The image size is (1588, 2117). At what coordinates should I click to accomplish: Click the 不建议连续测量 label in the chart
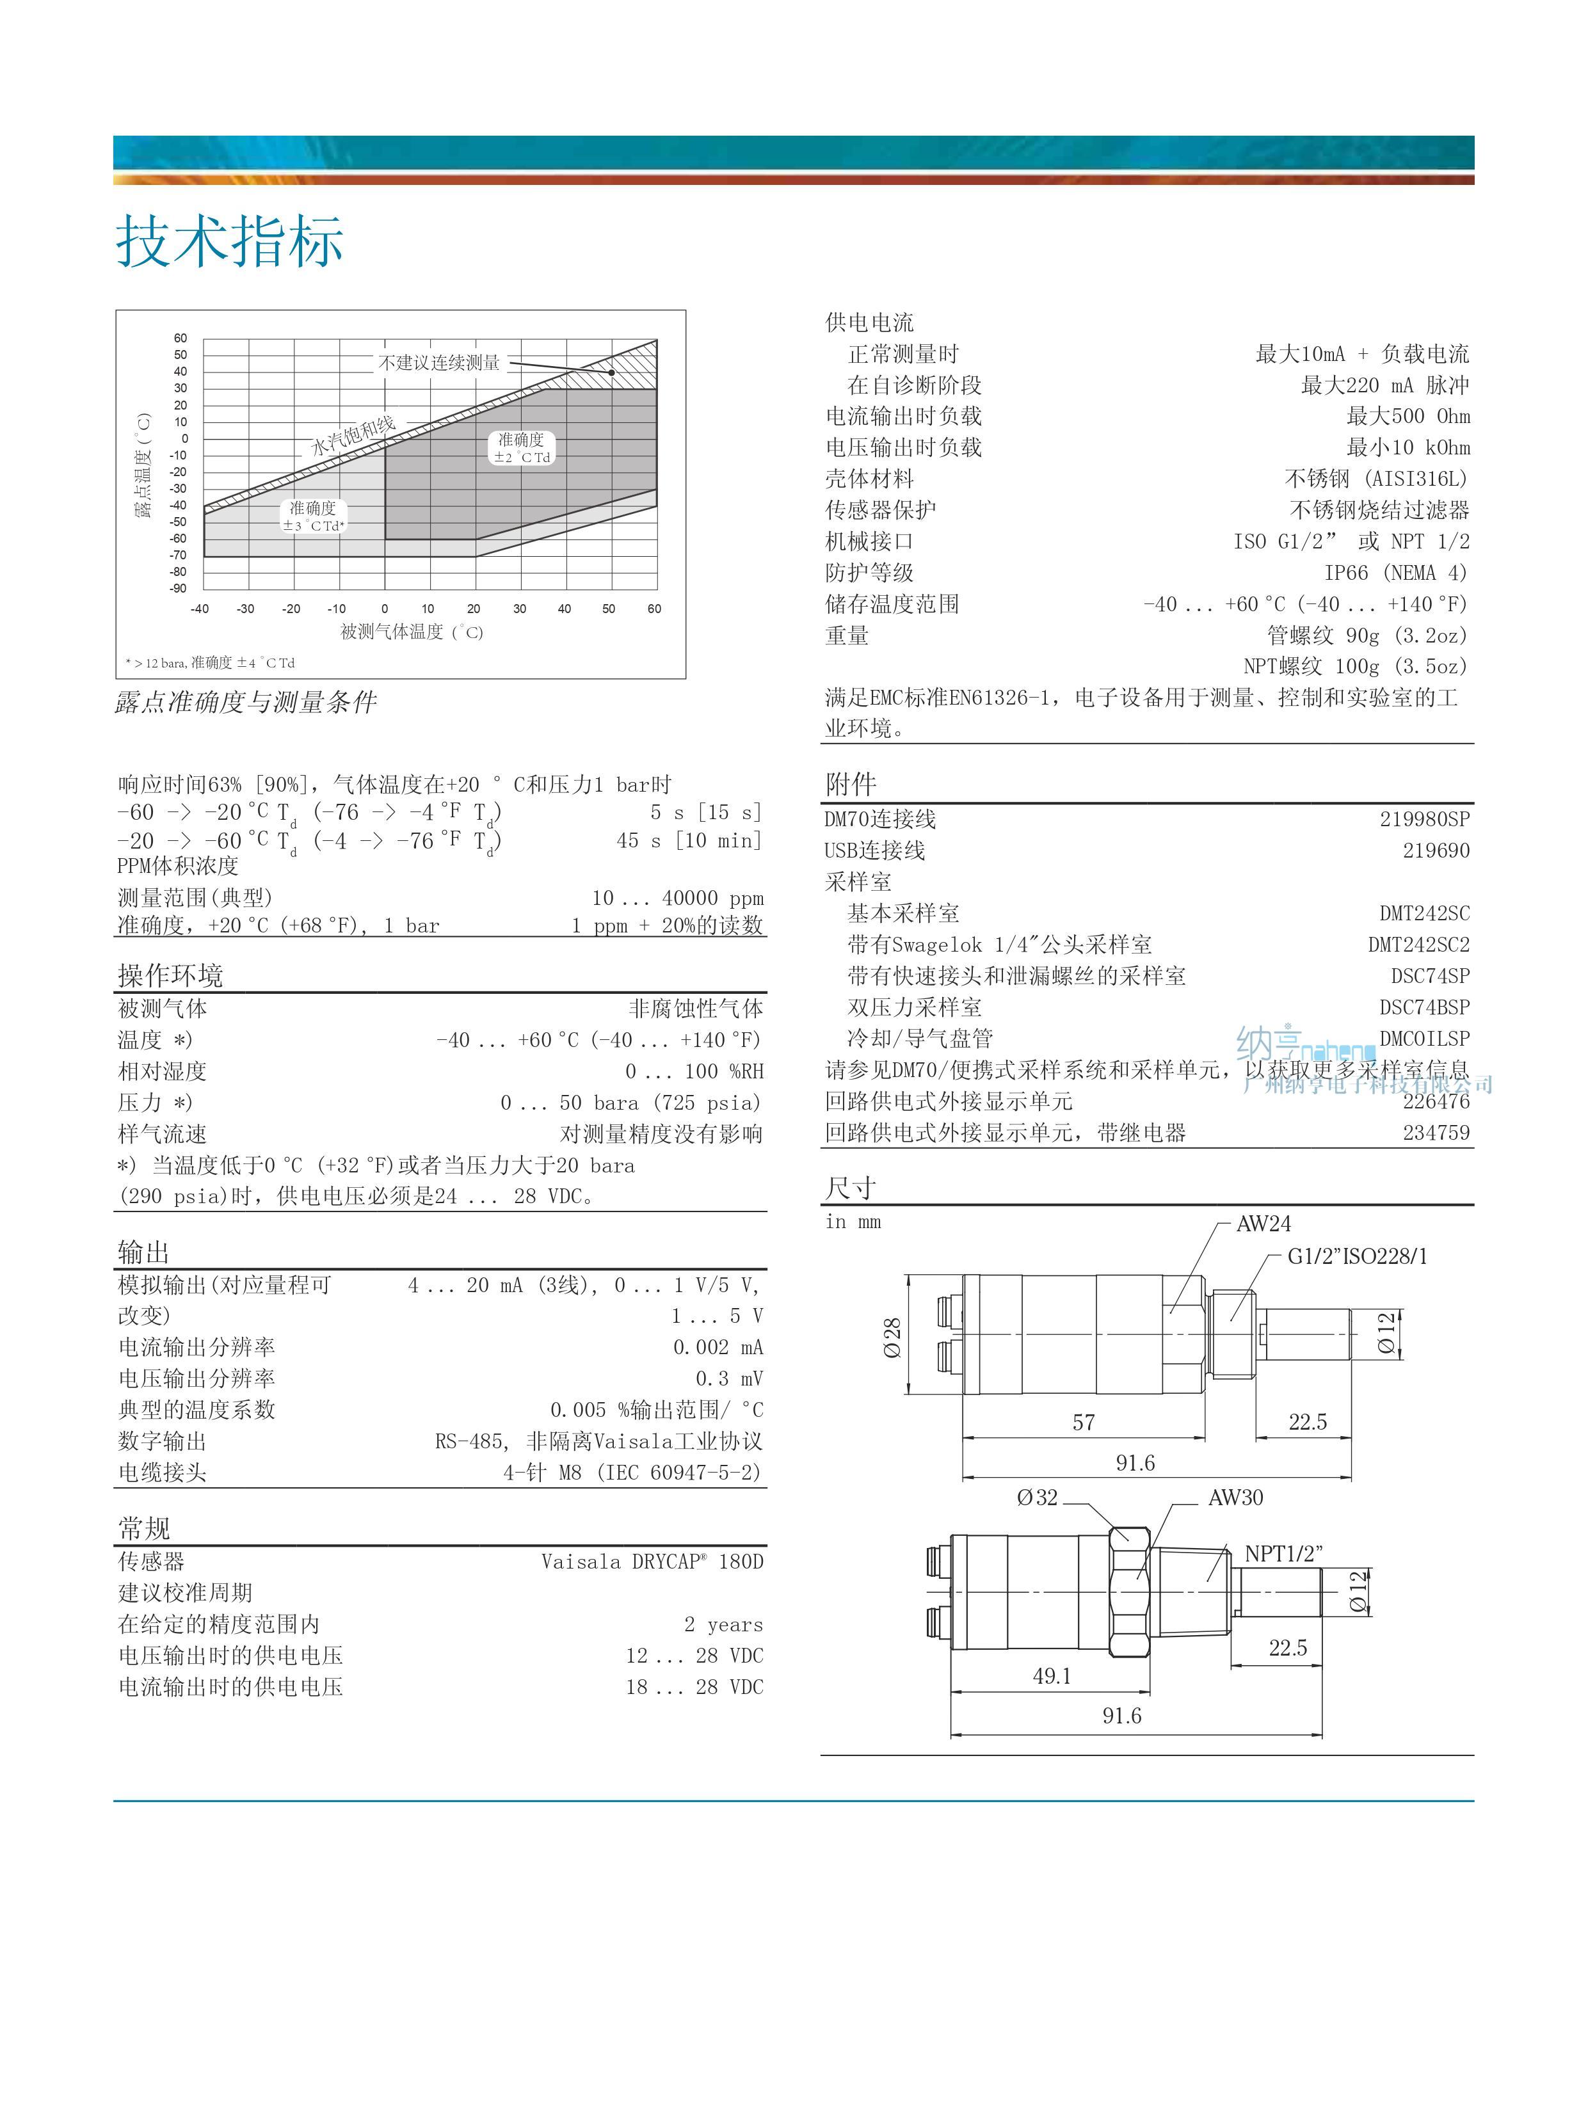click(438, 363)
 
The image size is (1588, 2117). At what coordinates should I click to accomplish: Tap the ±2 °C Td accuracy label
click(522, 448)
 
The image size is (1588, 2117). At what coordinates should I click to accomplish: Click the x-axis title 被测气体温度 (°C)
click(412, 632)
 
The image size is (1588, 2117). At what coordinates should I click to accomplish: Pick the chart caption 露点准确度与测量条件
click(246, 703)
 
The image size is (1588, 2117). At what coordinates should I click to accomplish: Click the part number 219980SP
click(1424, 819)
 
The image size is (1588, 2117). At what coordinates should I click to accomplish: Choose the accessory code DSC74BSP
click(1424, 1007)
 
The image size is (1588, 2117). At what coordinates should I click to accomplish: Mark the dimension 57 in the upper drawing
click(1084, 1422)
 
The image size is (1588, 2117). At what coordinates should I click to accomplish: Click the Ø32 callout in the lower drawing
click(1038, 1498)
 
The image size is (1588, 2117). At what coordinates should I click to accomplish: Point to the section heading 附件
click(851, 785)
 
